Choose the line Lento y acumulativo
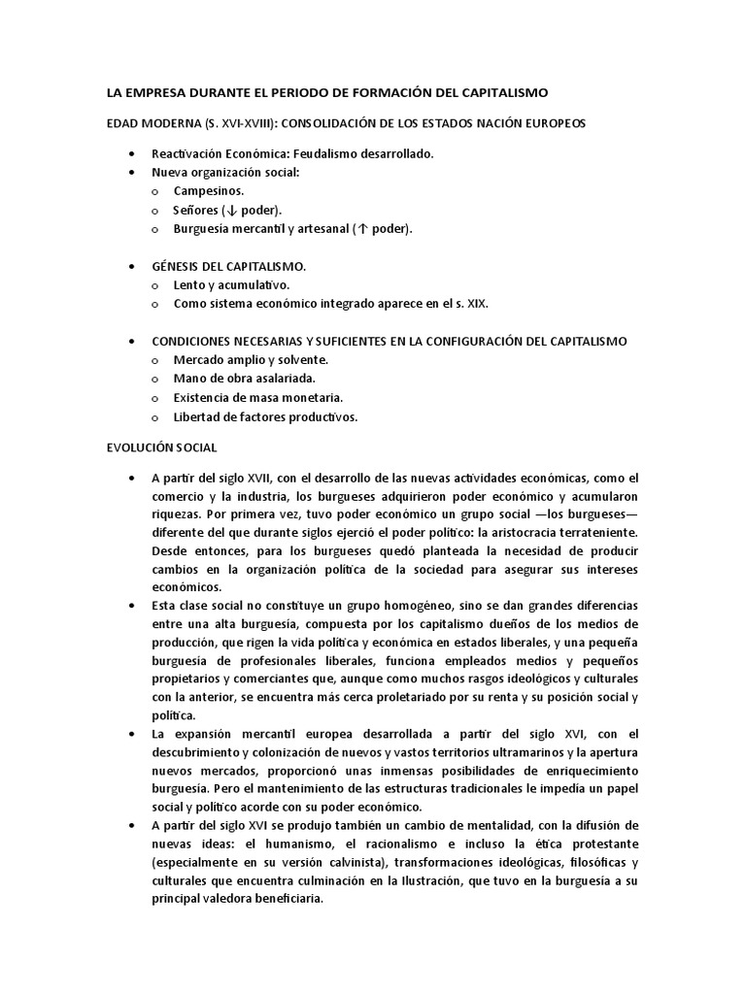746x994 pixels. (x=231, y=284)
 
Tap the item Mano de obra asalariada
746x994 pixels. (x=244, y=379)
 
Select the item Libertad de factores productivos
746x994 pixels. (x=265, y=416)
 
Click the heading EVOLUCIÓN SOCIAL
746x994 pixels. (x=162, y=447)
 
